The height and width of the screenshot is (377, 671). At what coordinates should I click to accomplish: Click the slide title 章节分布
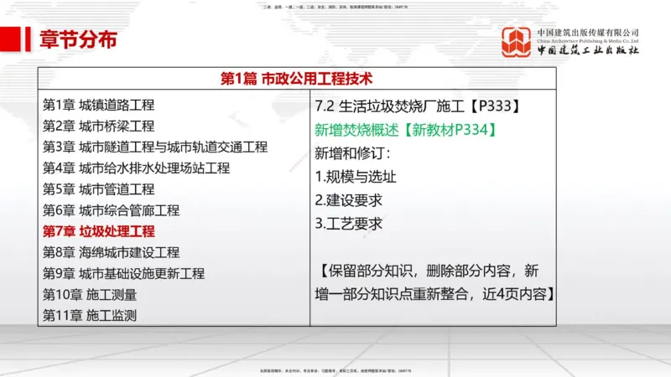pos(77,39)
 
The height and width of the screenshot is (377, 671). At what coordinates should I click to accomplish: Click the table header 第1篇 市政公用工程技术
pos(295,80)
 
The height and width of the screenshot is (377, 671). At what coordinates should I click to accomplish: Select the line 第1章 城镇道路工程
pos(98,106)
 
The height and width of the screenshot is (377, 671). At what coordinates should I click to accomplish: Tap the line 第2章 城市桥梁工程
pos(98,127)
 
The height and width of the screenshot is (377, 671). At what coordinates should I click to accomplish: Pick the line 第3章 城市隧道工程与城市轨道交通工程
pos(154,147)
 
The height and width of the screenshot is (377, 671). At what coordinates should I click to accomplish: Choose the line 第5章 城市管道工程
pos(98,189)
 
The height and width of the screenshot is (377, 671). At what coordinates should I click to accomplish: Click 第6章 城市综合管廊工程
pos(111,210)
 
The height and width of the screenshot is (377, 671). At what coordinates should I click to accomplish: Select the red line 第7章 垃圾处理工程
pos(98,231)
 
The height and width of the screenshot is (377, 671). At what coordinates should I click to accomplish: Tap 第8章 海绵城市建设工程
pos(111,252)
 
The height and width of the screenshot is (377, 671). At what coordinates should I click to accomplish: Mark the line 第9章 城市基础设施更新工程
pos(123,273)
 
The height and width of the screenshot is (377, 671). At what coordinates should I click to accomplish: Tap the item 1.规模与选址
pos(356,177)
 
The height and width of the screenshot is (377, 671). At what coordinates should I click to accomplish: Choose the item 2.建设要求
pos(349,200)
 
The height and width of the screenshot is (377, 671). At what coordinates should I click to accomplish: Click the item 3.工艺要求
pos(349,224)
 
